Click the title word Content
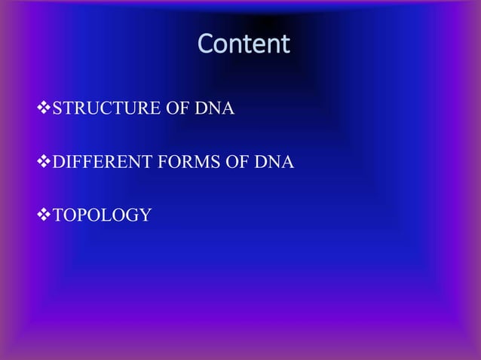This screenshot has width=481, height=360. [x=244, y=44]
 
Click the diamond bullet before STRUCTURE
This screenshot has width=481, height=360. [x=43, y=110]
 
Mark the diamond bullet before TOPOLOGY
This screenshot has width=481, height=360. [x=43, y=215]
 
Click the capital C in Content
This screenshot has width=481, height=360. [x=205, y=44]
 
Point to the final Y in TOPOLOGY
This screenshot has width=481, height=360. [x=146, y=215]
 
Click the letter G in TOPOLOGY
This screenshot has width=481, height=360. [x=131, y=215]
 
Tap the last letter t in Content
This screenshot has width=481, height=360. [x=285, y=44]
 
